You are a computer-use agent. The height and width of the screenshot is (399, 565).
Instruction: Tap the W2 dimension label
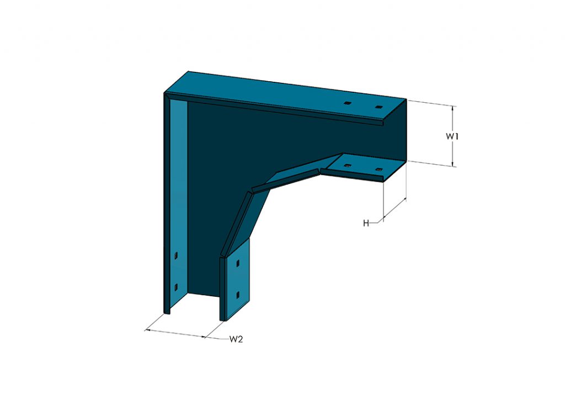point(236,339)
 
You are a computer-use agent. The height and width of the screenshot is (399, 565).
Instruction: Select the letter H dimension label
point(366,223)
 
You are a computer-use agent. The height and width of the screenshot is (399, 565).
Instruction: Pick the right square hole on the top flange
point(378,107)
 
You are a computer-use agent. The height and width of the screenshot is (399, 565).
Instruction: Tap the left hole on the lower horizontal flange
point(347,165)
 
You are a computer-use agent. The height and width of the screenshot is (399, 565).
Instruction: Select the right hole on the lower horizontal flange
point(378,169)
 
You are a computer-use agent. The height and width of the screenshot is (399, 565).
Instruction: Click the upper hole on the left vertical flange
point(175,256)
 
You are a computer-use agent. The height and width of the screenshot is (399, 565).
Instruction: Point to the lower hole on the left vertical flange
point(175,286)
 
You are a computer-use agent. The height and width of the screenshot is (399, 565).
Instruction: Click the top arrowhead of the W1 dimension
point(453,109)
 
